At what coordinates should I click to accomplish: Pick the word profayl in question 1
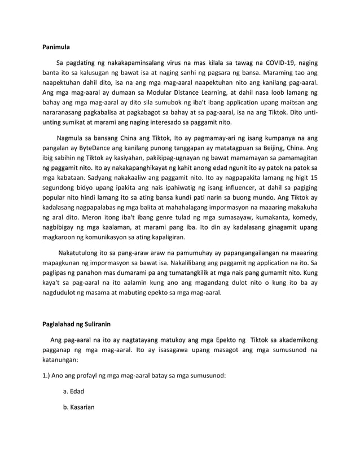91,375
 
